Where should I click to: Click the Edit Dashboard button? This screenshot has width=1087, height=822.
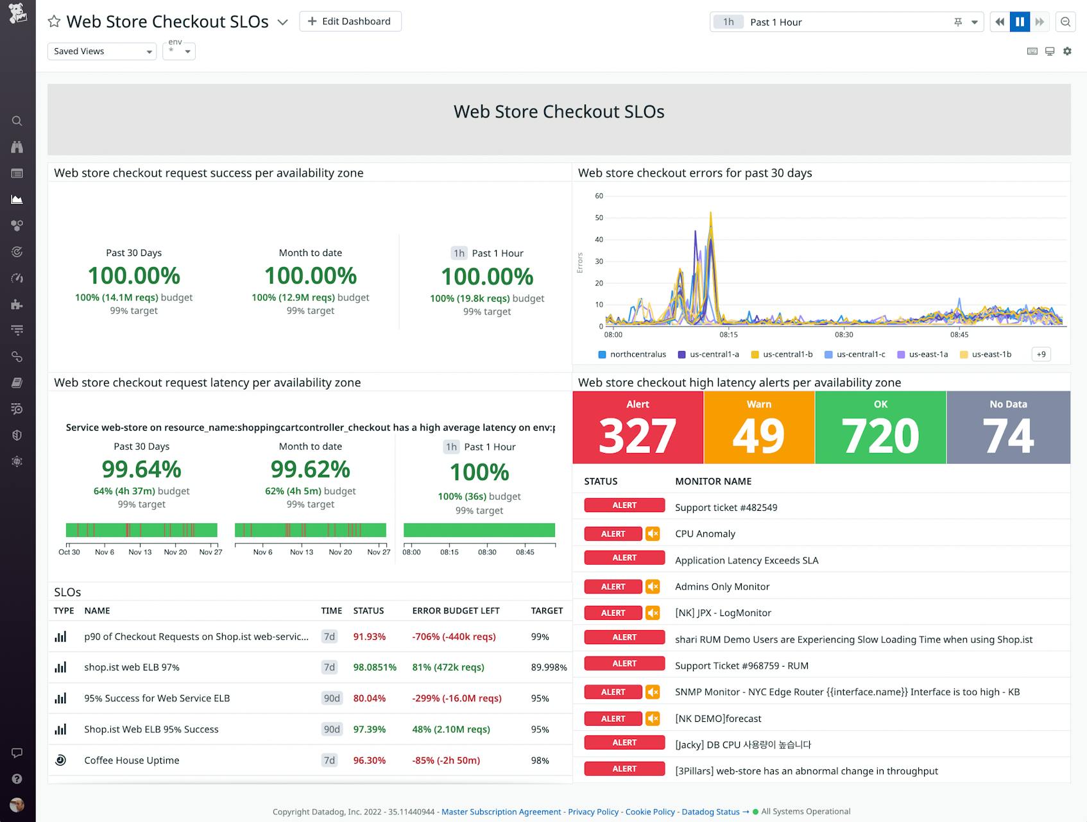click(x=350, y=21)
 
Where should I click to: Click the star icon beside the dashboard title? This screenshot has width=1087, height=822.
click(x=55, y=22)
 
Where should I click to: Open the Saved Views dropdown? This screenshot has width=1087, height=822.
click(x=101, y=51)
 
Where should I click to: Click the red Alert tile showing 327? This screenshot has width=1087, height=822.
click(x=637, y=427)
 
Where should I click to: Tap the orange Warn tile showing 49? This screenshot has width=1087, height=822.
click(x=758, y=427)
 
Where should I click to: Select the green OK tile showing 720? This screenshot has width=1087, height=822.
click(x=880, y=427)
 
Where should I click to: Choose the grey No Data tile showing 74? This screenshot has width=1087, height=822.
click(x=1007, y=427)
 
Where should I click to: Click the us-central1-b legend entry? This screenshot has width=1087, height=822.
click(x=782, y=354)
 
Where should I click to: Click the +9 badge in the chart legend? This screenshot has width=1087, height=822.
click(x=1041, y=354)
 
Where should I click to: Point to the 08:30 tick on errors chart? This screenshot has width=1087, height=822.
click(x=844, y=334)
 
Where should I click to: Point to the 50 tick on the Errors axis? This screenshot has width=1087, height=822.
click(x=599, y=218)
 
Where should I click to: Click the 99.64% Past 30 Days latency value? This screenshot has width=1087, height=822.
click(x=141, y=470)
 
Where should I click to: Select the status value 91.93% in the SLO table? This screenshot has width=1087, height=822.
click(x=369, y=637)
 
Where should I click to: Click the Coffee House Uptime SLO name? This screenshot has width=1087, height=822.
click(x=132, y=760)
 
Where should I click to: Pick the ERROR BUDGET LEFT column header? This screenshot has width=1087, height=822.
click(x=456, y=611)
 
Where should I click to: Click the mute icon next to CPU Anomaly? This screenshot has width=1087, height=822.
click(x=653, y=534)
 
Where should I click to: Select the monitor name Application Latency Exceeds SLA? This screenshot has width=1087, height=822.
click(x=746, y=560)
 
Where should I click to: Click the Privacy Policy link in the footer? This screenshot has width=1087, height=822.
click(x=593, y=812)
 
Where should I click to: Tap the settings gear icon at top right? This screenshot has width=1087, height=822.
click(x=1067, y=51)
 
